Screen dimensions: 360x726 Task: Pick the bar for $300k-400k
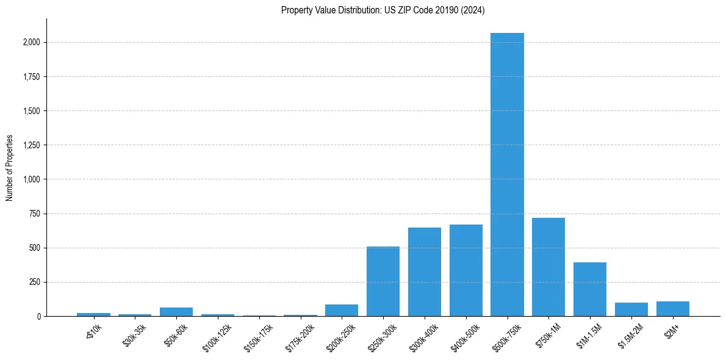[x=424, y=272]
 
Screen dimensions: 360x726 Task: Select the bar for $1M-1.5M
[x=590, y=289]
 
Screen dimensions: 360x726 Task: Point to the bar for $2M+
[x=672, y=309]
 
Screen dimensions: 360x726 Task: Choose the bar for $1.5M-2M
[x=631, y=309]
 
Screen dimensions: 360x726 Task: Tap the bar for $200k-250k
[x=342, y=310]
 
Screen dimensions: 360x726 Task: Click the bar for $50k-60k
[x=176, y=312]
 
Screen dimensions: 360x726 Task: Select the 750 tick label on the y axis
[x=35, y=214]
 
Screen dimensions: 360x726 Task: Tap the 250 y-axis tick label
[x=35, y=282]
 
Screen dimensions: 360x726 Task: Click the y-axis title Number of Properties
[x=9, y=168]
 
